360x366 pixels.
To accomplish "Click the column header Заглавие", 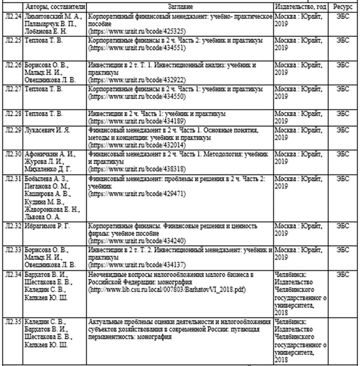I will (180, 7).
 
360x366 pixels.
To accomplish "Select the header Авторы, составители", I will (55, 7).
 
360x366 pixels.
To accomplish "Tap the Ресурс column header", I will (343, 7).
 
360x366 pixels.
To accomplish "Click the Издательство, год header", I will (300, 7).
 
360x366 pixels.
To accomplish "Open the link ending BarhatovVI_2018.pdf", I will (166, 289).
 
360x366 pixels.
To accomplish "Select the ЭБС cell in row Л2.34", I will (343, 275).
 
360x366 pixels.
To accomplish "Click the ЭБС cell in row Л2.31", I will (343, 179).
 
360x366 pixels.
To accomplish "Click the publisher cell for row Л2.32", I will (300, 229).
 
